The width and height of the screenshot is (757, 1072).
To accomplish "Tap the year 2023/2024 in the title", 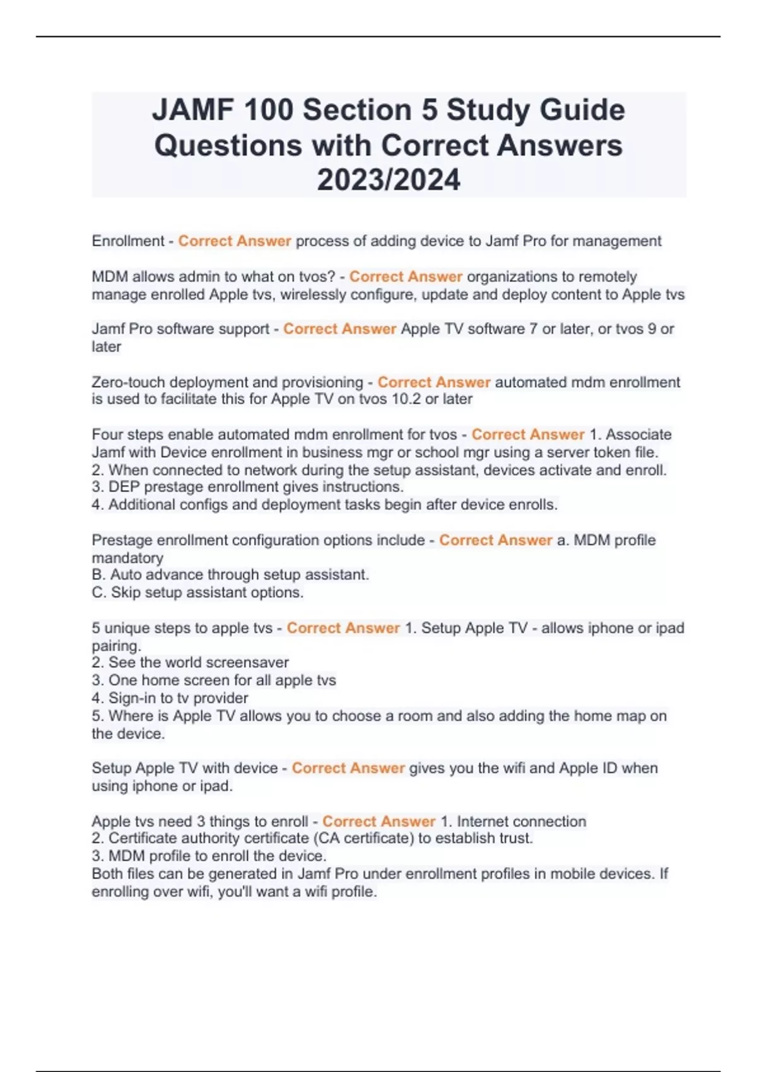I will pyautogui.click(x=389, y=180).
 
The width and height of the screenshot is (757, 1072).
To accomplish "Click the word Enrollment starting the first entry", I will pyautogui.click(x=128, y=241).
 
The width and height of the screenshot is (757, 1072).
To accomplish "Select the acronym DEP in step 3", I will pyautogui.click(x=121, y=487).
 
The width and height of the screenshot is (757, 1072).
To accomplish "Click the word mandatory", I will pyautogui.click(x=127, y=558).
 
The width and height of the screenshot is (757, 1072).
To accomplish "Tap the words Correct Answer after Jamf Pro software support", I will pyautogui.click(x=339, y=329).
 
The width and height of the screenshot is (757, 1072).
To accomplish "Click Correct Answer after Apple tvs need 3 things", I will pyautogui.click(x=378, y=822).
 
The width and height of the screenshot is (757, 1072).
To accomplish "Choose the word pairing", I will pyautogui.click(x=116, y=646).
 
